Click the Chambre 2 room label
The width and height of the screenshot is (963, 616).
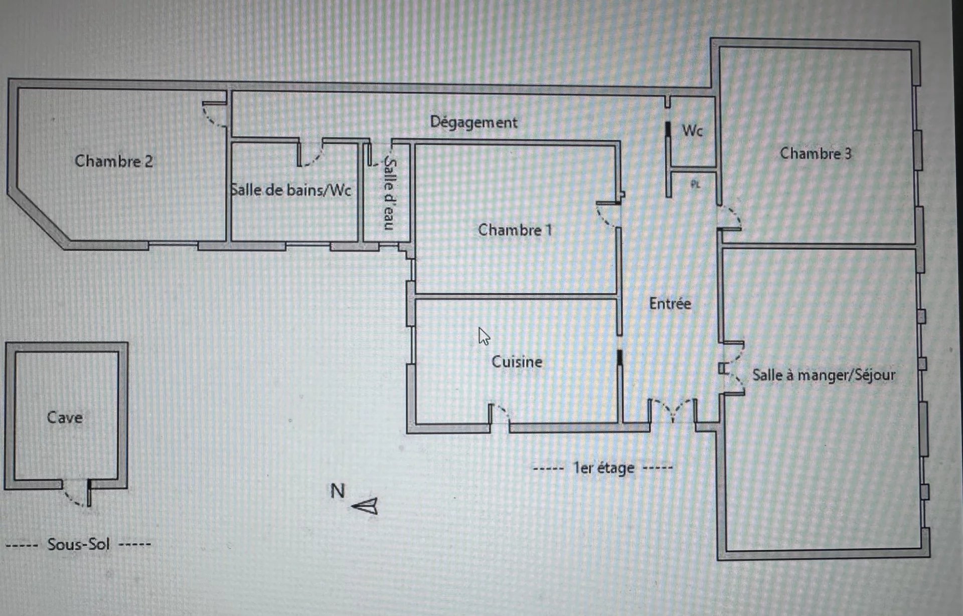tap(114, 161)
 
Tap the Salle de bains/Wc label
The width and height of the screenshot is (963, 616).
tap(290, 190)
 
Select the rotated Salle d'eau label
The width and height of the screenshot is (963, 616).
tap(390, 194)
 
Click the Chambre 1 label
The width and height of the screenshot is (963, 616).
tap(515, 230)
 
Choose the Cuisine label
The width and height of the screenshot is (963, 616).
tap(517, 362)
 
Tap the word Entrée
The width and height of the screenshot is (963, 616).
tap(670, 303)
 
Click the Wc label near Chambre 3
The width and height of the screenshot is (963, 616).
tap(692, 131)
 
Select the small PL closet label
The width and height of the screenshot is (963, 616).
tap(695, 184)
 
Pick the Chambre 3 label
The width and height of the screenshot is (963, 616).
tap(816, 153)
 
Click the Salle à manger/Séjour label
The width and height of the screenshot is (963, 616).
tap(824, 375)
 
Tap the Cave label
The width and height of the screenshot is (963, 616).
tap(65, 417)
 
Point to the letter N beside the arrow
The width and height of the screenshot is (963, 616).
tap(338, 491)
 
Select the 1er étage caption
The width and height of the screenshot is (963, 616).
tap(604, 468)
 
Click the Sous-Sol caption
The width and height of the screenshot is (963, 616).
tap(78, 544)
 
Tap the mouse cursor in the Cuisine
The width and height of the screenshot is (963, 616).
tap(484, 337)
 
